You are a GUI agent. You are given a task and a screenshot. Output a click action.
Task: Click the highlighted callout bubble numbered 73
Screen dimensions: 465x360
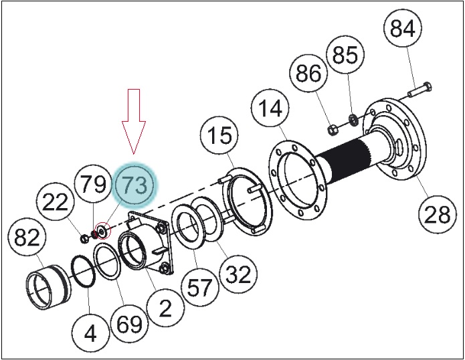coord(135,185)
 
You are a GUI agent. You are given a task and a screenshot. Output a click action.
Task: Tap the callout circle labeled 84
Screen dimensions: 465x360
coord(403,27)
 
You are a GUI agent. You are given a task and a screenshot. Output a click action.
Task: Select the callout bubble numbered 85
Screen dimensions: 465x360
coord(345,55)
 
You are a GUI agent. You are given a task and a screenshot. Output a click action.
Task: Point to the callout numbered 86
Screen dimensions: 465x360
coord(308,73)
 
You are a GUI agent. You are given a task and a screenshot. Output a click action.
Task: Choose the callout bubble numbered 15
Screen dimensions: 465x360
coord(219,135)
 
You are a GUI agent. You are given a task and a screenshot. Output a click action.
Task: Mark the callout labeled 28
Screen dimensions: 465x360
coord(438,214)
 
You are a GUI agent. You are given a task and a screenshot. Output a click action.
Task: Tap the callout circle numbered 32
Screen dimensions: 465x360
coord(238,274)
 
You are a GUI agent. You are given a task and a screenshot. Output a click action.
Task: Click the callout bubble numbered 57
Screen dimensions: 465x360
coord(199,287)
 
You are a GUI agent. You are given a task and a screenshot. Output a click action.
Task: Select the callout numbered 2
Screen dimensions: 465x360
coord(165,307)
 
